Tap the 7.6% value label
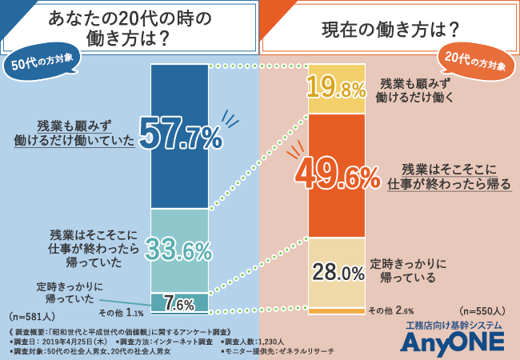[x=180, y=303]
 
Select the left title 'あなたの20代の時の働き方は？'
[x=131, y=28]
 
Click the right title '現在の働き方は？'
[x=390, y=30]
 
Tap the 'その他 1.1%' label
[x=121, y=313]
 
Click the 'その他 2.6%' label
[x=390, y=310]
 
